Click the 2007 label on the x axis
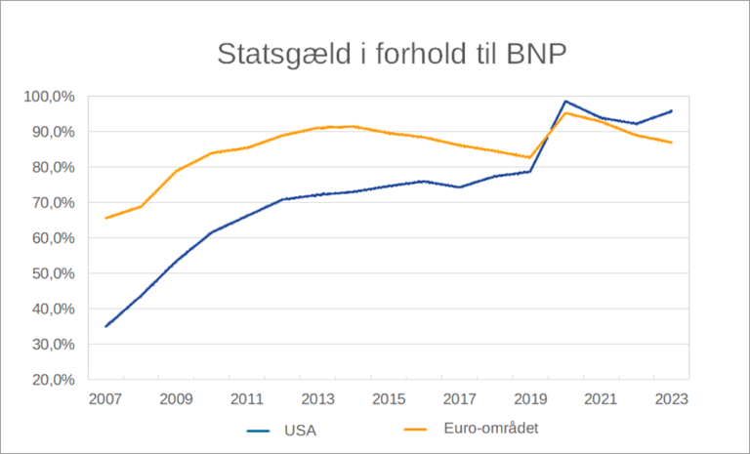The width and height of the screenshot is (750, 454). (105, 399)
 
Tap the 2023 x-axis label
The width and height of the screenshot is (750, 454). (671, 399)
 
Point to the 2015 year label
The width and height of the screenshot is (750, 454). (389, 399)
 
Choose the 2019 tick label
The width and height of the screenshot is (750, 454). (530, 399)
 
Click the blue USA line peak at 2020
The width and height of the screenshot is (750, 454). (565, 102)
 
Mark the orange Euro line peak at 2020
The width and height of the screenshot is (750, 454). (565, 113)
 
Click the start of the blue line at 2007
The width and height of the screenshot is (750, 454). (105, 326)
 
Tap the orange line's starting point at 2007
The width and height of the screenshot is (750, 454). (105, 218)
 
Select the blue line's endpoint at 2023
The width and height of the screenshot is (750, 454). (671, 110)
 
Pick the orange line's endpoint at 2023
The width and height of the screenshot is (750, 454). (671, 143)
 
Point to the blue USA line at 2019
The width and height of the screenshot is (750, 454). (530, 172)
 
